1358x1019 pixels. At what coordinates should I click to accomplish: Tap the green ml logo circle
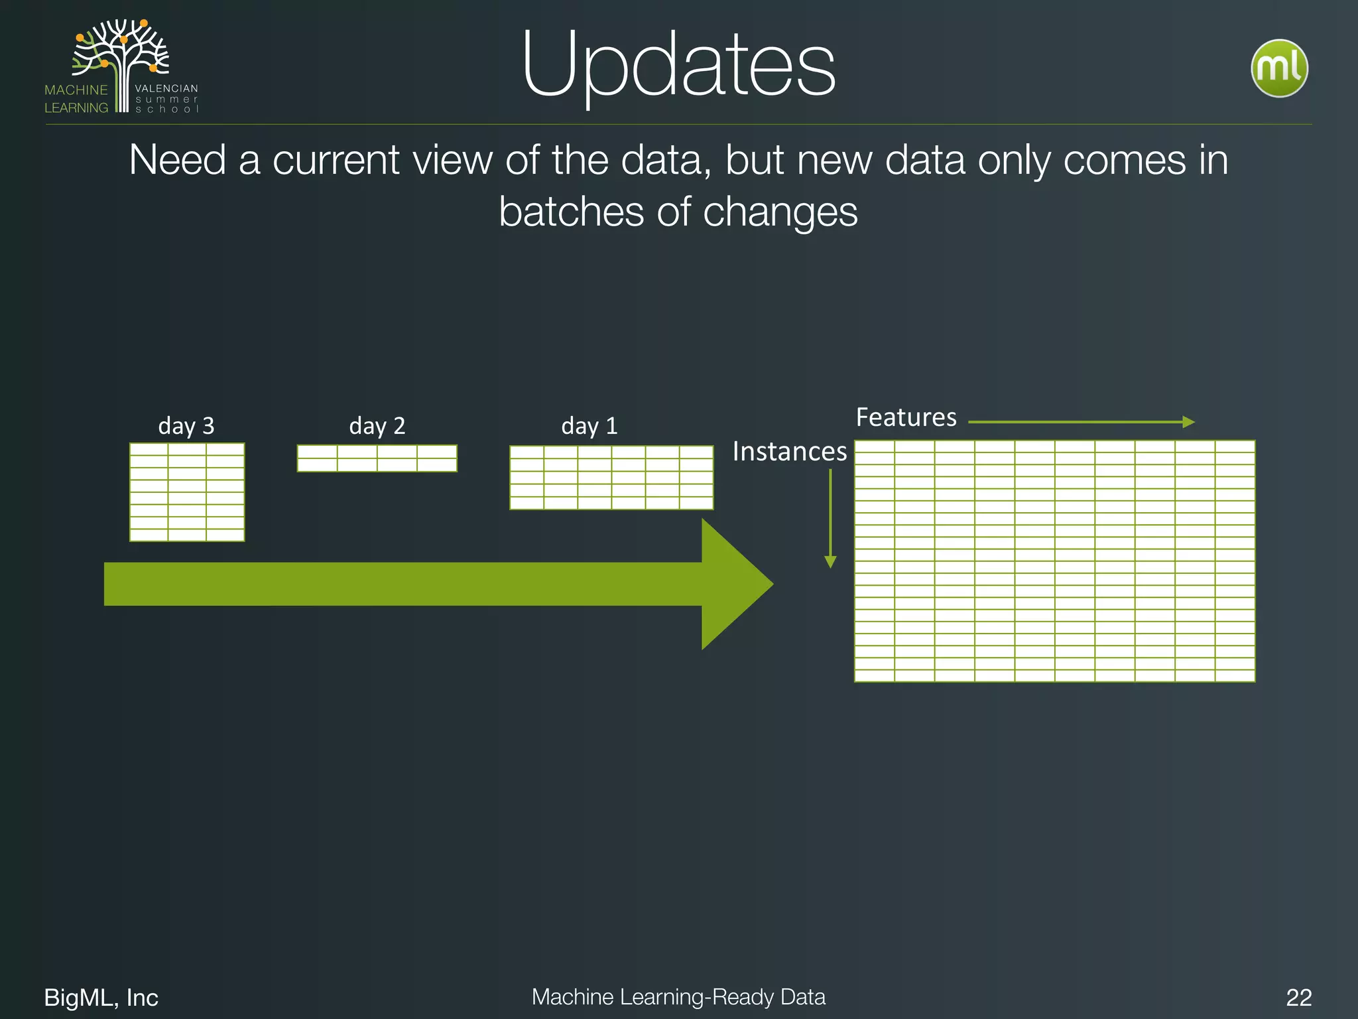pos(1278,68)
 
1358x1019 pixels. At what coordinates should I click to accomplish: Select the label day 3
pos(186,425)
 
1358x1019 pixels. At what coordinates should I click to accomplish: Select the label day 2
pos(377,425)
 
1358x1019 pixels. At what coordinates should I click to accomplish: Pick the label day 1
pos(589,425)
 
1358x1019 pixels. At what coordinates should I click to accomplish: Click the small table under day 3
pos(187,492)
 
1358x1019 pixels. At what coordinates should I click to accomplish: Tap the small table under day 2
pos(377,458)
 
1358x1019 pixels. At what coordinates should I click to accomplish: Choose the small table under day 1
pos(611,478)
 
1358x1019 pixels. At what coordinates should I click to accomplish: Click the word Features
pos(906,417)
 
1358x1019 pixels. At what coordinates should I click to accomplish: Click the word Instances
pos(789,452)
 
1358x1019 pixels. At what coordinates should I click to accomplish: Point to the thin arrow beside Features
pos(1081,422)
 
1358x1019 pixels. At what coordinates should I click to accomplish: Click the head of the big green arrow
pos(736,584)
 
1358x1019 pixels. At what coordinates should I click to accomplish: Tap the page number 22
pos(1298,997)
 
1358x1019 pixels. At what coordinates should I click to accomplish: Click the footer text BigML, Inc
pos(101,997)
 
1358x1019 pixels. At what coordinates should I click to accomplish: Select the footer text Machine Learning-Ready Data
pos(678,996)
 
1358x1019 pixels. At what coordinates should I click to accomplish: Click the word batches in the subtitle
pos(571,212)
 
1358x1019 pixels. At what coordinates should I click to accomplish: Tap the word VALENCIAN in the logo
pos(166,88)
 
